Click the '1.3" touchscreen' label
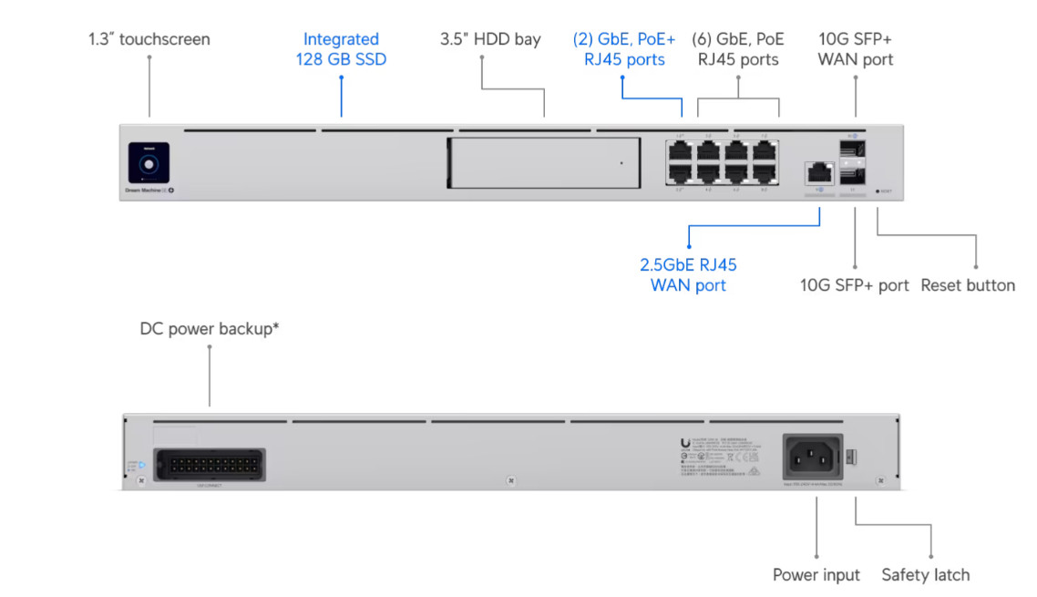tap(149, 39)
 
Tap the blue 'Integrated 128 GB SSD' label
tap(341, 49)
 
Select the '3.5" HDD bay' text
tap(490, 39)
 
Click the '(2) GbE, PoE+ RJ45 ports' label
tap(624, 49)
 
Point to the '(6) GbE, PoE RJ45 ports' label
tap(738, 49)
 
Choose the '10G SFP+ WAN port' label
tap(855, 49)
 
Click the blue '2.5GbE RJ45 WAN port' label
tap(688, 275)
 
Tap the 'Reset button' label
tap(967, 285)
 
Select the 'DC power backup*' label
tap(210, 329)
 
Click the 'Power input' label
tap(816, 575)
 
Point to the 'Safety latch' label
tap(925, 575)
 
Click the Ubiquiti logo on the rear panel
tap(685, 444)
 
